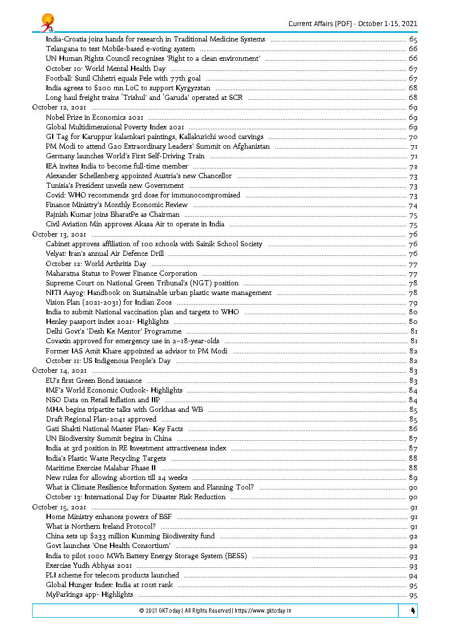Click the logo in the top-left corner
47,23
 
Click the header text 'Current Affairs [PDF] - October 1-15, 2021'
353,23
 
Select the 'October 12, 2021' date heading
60,108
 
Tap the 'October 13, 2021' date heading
60,234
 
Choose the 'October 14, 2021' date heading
60,370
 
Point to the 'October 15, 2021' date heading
60,507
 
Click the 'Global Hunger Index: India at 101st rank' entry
109,585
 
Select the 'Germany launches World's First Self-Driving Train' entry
125,156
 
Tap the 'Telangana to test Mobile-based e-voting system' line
120,49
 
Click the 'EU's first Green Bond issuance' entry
94,381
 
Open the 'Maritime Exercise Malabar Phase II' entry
101,468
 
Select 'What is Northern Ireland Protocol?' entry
101,526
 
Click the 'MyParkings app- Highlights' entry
90,594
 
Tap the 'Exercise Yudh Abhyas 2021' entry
89,566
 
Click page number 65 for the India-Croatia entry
413,40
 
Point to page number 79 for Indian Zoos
413,302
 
